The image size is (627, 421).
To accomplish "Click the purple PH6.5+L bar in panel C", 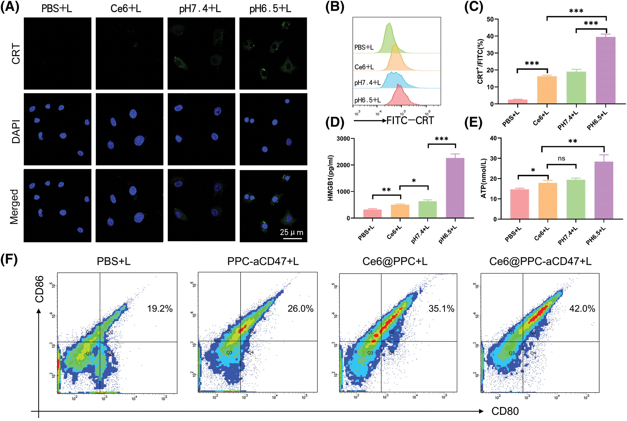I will pos(605,70).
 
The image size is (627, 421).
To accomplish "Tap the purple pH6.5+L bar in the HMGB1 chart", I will pos(455,188).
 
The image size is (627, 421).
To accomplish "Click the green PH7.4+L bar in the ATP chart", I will pos(576,199).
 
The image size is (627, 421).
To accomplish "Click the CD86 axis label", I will pos(39,289).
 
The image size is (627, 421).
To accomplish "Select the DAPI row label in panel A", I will pos(16,132).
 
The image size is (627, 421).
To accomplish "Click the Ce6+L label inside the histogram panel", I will pos(364,67).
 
